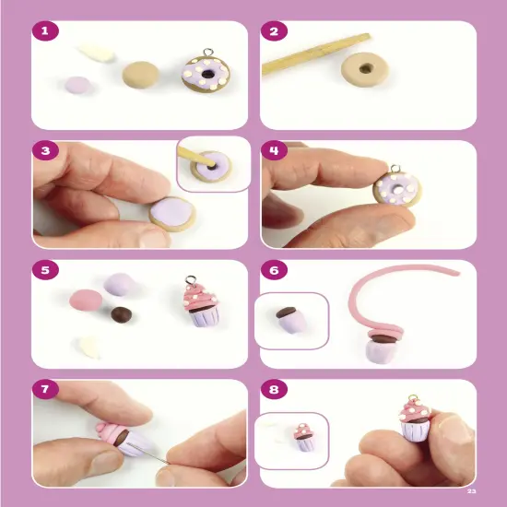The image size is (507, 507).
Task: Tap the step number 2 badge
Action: click(273, 32)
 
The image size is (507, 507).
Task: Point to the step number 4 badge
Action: click(273, 151)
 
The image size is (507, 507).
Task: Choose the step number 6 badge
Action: click(273, 271)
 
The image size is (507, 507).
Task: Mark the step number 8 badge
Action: click(273, 390)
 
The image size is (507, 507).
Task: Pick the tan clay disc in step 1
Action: click(139, 75)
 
